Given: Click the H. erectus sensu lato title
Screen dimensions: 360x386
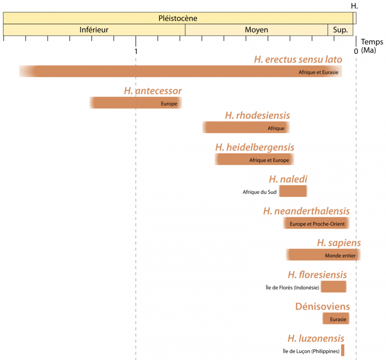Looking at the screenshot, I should point(298,59).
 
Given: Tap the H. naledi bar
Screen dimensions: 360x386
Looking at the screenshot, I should point(293,191).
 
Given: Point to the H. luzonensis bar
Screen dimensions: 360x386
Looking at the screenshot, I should point(343,350).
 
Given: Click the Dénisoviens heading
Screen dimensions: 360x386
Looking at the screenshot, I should point(322,307).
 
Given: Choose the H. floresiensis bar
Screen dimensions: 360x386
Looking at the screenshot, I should point(334,286).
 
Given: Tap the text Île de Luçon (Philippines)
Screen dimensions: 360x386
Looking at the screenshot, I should point(311,351).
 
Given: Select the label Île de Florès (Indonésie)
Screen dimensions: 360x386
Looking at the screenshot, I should point(292,287).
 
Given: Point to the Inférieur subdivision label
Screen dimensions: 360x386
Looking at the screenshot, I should point(94,30).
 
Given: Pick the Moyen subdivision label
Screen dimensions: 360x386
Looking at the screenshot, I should point(256,30).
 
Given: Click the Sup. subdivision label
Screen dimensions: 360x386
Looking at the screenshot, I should point(340,30).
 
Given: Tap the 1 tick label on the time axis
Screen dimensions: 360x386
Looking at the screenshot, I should point(136,51).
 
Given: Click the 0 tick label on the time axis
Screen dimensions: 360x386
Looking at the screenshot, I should point(356,51).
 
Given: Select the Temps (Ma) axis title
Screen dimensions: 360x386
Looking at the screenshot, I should point(372,46).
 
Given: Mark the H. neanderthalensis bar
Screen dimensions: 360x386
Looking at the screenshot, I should point(316,223).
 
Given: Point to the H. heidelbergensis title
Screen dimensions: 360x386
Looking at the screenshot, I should point(254,147).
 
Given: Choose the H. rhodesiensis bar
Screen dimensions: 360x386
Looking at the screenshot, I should point(246,127).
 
